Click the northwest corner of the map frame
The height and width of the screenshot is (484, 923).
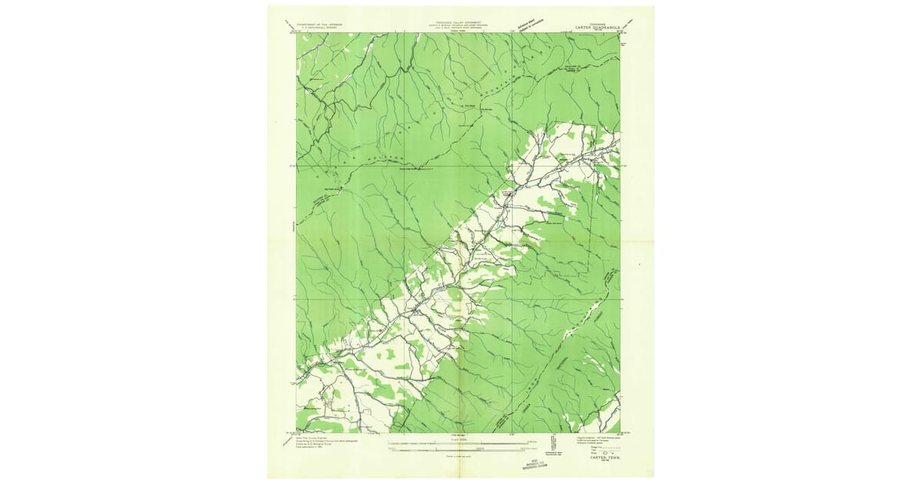[x=297, y=33]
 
